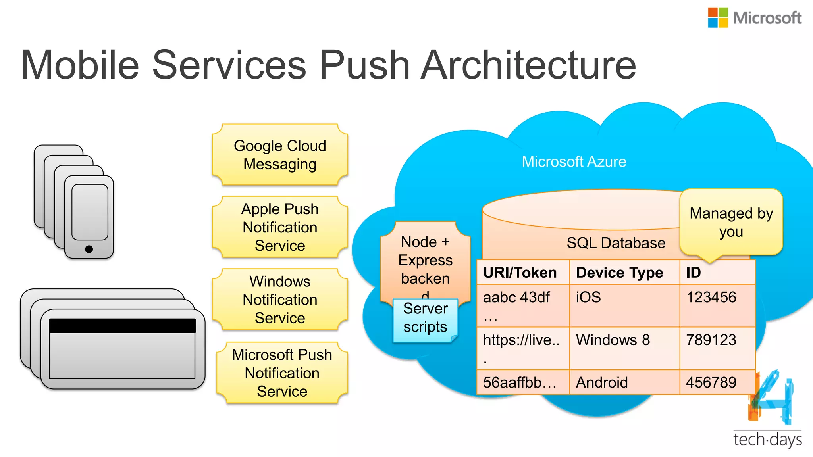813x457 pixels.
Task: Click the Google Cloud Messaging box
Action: point(280,155)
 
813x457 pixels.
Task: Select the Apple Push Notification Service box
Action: point(280,227)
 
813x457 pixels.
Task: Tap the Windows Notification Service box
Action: point(280,300)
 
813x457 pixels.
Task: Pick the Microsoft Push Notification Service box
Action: point(282,373)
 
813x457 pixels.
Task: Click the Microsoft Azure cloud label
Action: point(574,162)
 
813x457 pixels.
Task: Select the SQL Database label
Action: point(616,243)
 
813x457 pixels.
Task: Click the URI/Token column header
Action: point(520,273)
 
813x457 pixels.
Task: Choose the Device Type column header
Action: point(619,273)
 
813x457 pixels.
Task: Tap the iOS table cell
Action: point(588,297)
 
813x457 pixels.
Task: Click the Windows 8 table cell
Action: point(613,340)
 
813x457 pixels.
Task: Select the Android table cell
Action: point(602,382)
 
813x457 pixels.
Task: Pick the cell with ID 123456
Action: point(711,297)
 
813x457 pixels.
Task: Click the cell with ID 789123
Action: point(711,340)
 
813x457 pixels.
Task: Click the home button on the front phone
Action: point(89,249)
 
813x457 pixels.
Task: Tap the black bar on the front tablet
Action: point(122,326)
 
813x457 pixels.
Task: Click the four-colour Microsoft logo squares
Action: point(718,18)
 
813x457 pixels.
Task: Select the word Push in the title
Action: point(364,65)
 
